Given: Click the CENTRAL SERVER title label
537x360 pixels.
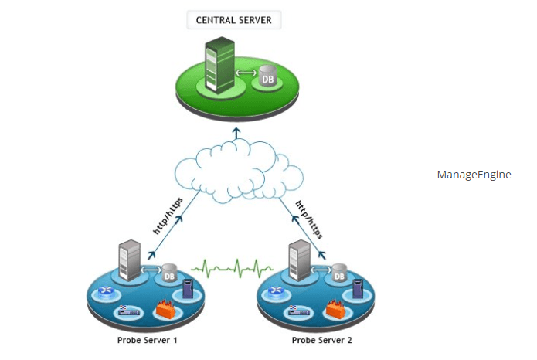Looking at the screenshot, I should pos(234,20).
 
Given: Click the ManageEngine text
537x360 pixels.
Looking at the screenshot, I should pos(474,175).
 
